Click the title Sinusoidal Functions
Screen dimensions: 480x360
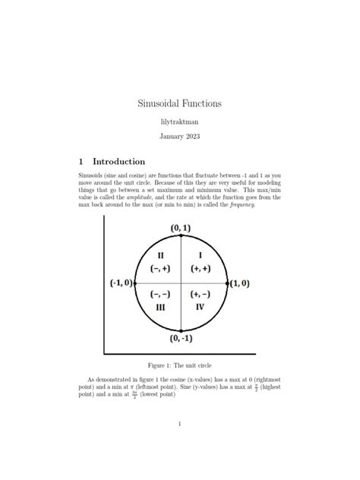(x=179, y=102)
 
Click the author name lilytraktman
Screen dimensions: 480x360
(x=179, y=121)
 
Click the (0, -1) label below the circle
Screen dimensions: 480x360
(x=181, y=338)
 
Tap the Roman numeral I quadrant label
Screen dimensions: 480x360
(x=201, y=255)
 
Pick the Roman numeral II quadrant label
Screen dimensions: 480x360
(x=160, y=255)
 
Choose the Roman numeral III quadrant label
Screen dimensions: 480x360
(x=160, y=307)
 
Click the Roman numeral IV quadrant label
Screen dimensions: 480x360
(x=201, y=307)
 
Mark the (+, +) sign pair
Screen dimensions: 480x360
(x=201, y=268)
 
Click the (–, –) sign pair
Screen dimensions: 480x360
(x=160, y=294)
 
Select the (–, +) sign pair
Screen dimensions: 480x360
(x=160, y=268)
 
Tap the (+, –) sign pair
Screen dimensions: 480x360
(x=201, y=294)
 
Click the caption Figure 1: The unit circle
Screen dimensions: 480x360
(x=179, y=365)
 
